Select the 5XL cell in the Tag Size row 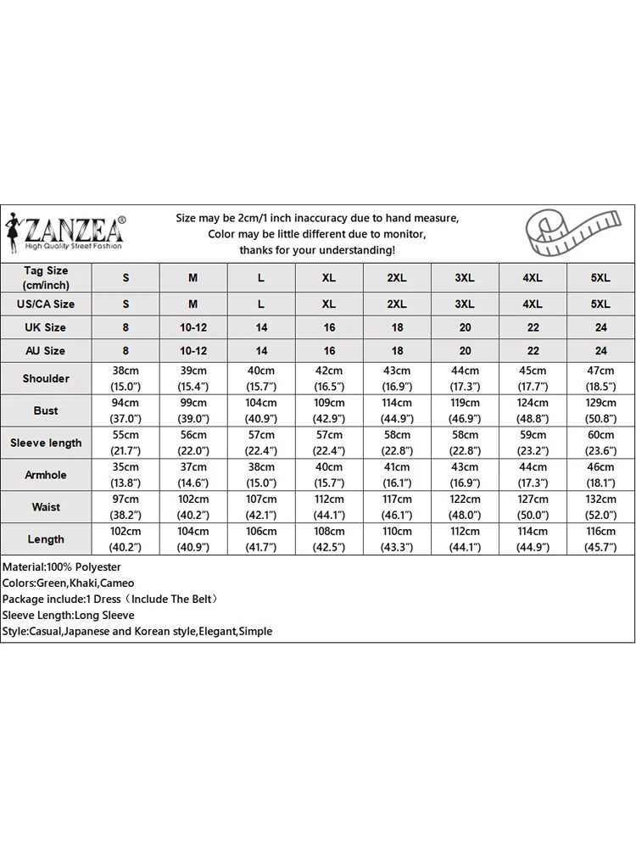click(x=600, y=278)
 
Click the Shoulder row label click(x=46, y=378)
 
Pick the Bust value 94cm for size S click(x=126, y=403)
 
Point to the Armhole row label click(x=46, y=475)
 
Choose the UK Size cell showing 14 click(x=261, y=327)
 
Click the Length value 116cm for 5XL click(x=600, y=532)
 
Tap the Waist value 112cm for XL click(x=329, y=499)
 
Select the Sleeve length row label click(x=46, y=443)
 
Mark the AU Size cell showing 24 click(x=600, y=350)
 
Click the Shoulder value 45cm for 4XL click(x=533, y=371)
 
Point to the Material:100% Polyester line click(x=62, y=566)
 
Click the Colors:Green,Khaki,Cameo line click(x=68, y=583)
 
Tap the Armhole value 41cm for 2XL click(x=397, y=467)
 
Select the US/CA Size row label click(x=46, y=304)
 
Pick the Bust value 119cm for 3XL click(x=465, y=403)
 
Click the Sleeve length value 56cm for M click(x=193, y=435)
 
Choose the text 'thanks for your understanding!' click(x=317, y=250)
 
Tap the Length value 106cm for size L click(x=261, y=532)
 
